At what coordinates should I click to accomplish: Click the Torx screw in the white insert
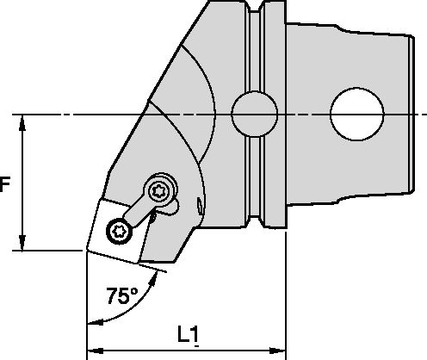[x=119, y=230]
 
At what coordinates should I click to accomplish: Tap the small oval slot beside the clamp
[x=201, y=205]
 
